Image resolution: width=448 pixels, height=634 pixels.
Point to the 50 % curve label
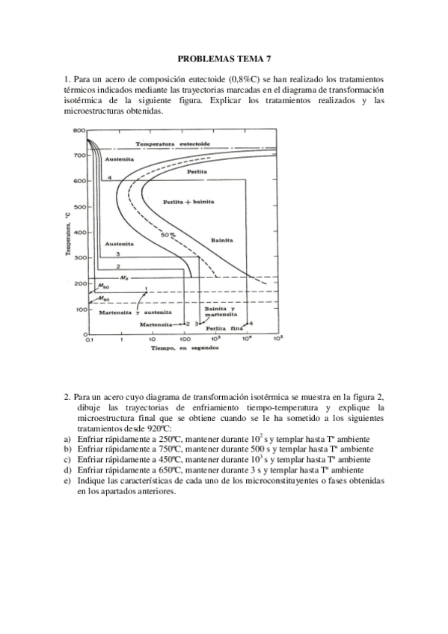pos(168,236)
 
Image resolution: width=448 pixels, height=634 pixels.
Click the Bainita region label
pos(221,241)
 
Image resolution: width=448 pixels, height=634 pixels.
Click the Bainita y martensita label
pos(220,312)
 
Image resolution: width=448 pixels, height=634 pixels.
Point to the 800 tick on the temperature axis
pos(79,131)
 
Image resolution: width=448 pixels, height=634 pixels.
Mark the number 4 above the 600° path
pos(109,177)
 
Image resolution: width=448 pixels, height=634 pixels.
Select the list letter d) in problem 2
pos(67,470)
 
